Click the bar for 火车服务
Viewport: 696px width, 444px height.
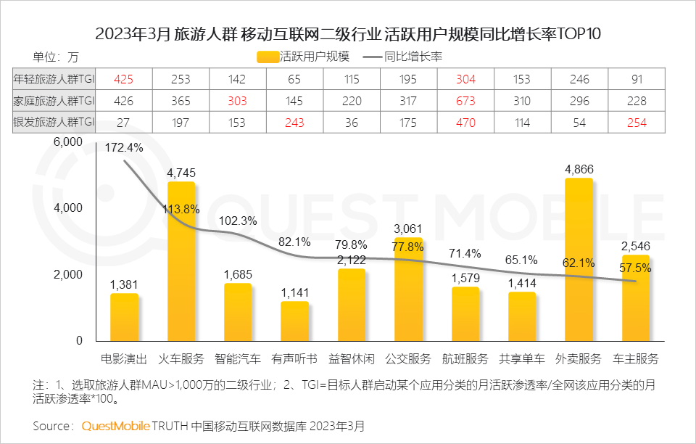coord(181,261)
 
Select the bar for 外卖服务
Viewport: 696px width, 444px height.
coord(579,259)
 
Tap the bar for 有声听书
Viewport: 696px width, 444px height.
coord(294,321)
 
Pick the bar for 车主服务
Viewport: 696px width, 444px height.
coord(635,297)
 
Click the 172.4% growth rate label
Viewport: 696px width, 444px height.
coord(125,148)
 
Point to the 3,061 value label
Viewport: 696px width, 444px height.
coord(407,229)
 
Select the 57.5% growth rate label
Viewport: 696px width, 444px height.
coord(635,268)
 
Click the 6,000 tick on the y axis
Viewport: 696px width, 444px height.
coord(69,142)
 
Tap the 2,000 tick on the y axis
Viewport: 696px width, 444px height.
coord(69,274)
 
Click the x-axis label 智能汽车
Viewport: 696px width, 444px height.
coord(238,358)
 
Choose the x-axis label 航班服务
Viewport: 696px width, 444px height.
coord(465,358)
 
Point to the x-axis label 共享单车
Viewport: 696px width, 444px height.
coord(522,358)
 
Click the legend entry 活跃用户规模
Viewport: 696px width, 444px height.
coord(304,57)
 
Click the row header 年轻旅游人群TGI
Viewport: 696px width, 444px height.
coord(54,79)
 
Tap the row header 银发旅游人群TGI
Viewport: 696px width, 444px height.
coord(54,123)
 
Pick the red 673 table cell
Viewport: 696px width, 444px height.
coord(465,101)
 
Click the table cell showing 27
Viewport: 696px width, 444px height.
coord(125,123)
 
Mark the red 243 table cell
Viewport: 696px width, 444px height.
coord(294,123)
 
